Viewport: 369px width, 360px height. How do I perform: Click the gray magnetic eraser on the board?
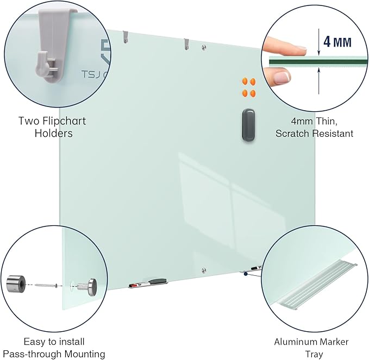[x=248, y=125]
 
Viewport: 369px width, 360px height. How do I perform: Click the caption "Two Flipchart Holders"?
[x=52, y=127]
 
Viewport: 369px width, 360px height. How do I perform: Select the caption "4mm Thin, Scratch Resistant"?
[x=314, y=127]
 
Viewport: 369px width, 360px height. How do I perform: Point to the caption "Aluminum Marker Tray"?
[x=311, y=348]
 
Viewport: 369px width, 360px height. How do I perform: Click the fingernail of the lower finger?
[x=281, y=78]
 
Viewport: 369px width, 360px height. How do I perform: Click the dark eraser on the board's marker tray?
[x=158, y=281]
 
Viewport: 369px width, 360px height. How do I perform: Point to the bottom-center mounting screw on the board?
[x=203, y=269]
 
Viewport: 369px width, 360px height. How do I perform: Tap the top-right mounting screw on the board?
[x=204, y=47]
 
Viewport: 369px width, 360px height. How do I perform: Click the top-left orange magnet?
[x=245, y=82]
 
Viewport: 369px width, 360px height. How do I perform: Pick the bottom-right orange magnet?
[x=253, y=93]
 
